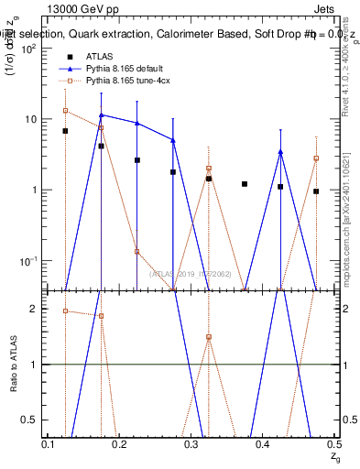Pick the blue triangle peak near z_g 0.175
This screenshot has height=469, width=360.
(102, 115)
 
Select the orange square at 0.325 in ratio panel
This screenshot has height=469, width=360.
(209, 337)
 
